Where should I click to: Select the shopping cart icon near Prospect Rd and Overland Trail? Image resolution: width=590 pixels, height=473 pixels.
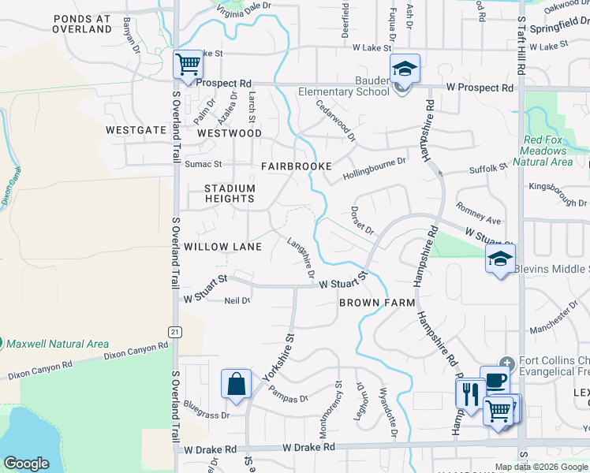pyautogui.click(x=188, y=64)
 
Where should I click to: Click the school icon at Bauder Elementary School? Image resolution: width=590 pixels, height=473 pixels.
pyautogui.click(x=405, y=69)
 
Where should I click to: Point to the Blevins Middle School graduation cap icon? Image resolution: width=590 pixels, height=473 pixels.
pyautogui.click(x=500, y=259)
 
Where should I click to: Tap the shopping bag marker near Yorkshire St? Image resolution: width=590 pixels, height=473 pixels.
pyautogui.click(x=236, y=385)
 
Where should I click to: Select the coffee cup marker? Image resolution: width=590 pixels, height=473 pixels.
pyautogui.click(x=495, y=380)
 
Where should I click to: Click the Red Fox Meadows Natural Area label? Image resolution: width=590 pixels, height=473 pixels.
pyautogui.click(x=547, y=151)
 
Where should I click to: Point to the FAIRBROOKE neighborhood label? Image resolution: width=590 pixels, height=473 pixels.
pyautogui.click(x=297, y=167)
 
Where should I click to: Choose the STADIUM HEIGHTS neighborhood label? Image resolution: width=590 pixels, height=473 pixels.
pyautogui.click(x=230, y=193)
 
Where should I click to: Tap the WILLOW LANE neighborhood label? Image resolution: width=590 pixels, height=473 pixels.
pyautogui.click(x=222, y=247)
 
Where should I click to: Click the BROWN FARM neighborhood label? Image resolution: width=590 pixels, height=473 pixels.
pyautogui.click(x=371, y=303)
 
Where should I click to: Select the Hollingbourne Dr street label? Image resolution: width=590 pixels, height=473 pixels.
pyautogui.click(x=374, y=166)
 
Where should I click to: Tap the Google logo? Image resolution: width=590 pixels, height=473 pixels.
pyautogui.click(x=26, y=464)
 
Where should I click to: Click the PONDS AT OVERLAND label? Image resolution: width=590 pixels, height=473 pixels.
pyautogui.click(x=82, y=23)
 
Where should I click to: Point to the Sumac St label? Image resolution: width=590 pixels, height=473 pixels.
pyautogui.click(x=204, y=165)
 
